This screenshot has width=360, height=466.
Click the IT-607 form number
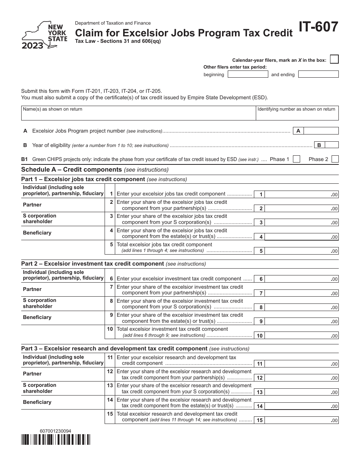pos(319,28)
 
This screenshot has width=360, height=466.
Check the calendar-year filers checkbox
pos(334,59)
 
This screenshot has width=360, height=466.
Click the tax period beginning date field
pos(247,74)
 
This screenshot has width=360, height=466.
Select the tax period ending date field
pos(318,74)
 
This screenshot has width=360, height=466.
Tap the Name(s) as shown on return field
pos(138,113)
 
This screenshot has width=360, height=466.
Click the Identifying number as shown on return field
pos(297,113)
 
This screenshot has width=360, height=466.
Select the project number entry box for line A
pos(321,131)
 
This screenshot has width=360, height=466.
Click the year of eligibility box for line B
pos(332,145)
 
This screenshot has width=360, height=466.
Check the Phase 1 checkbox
pos(297,159)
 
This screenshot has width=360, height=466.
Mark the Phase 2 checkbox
pos(335,159)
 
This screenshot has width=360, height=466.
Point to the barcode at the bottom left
pos(56,439)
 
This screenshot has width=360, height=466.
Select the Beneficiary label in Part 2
pos(37,317)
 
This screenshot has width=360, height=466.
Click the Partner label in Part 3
pos(32,374)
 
